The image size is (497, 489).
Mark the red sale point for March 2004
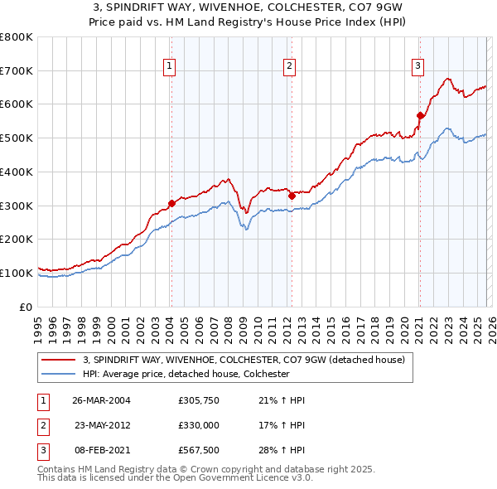171,203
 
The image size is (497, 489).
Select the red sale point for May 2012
292,196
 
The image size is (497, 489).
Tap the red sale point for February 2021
420,116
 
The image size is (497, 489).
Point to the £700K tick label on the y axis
17,70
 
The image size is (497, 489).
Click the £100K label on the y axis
17,273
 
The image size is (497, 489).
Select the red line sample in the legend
60,360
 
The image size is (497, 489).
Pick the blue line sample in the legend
60,374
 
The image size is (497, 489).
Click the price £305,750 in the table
198,400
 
